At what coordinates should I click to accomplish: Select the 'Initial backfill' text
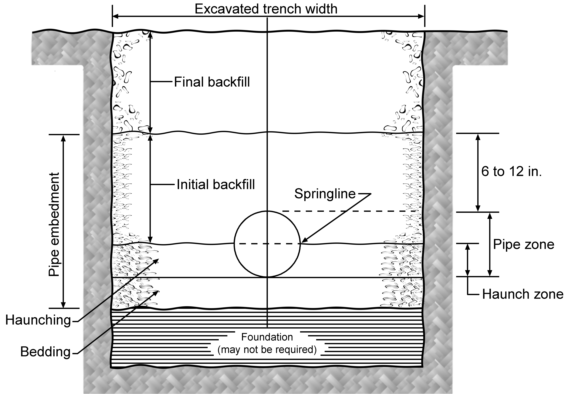(216, 184)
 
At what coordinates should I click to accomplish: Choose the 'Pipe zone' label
(524, 244)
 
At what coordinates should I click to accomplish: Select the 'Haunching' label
(38, 320)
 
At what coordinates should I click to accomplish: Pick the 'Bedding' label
(45, 352)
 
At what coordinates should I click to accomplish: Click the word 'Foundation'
(267, 337)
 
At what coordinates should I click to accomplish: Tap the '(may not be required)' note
(267, 349)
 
